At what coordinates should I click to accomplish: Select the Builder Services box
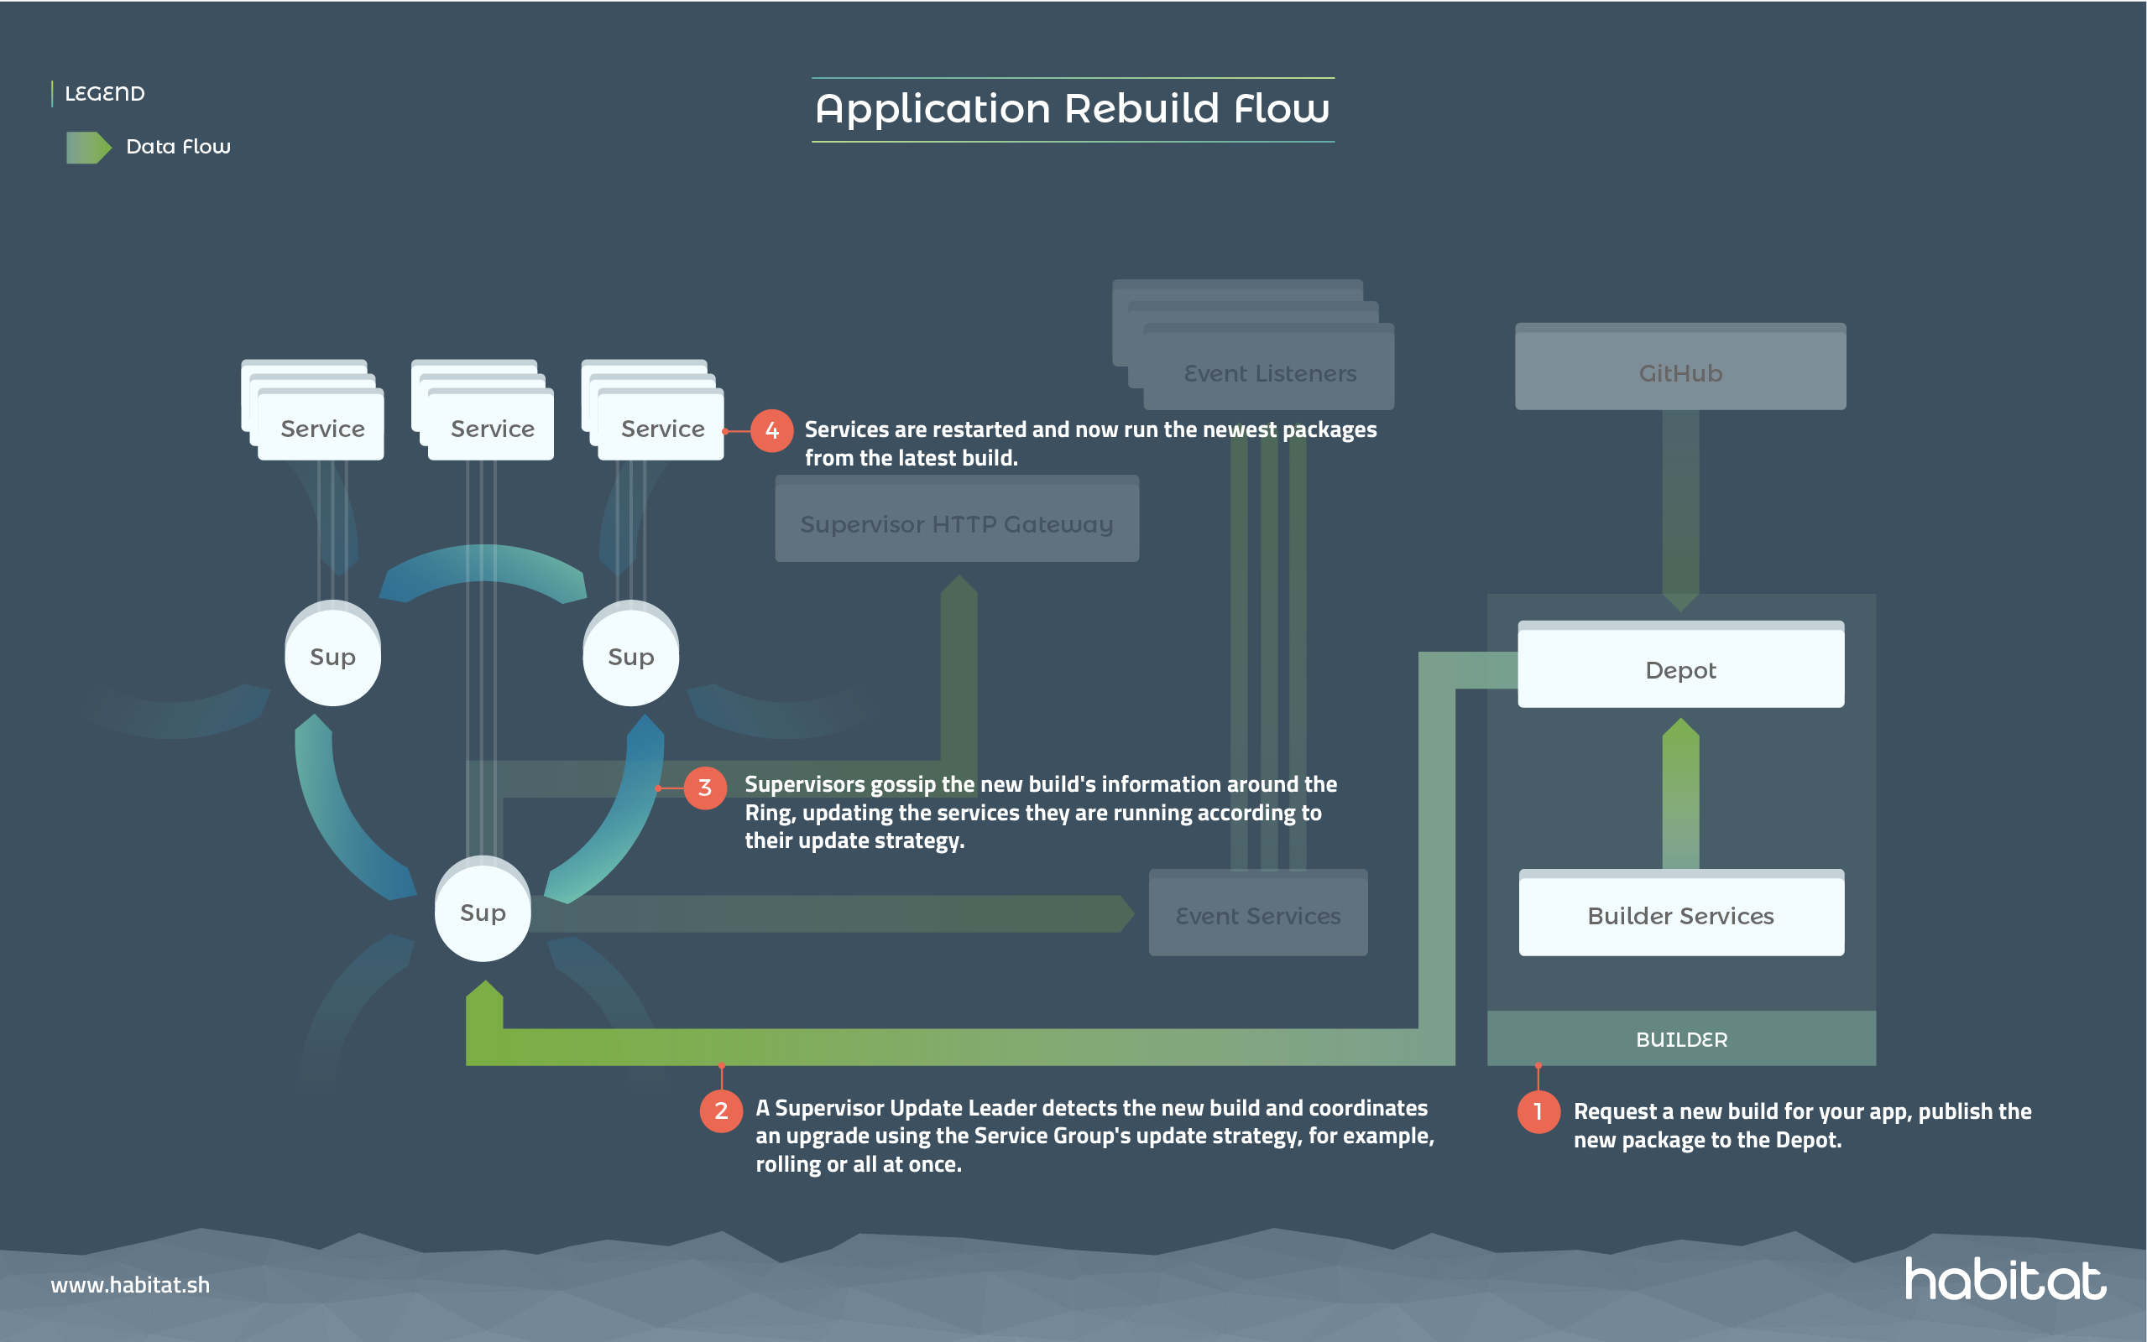(x=1680, y=915)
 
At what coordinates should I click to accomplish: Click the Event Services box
(x=1257, y=915)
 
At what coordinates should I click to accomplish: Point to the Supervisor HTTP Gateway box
(x=956, y=523)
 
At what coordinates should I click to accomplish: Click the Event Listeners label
(x=1270, y=372)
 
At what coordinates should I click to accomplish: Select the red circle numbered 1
(x=1538, y=1111)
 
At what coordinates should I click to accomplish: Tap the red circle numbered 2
(x=721, y=1111)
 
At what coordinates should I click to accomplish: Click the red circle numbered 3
(x=705, y=788)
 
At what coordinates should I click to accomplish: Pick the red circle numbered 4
(x=771, y=430)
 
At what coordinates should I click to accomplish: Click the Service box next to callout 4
(x=661, y=428)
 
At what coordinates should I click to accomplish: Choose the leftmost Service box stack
(x=321, y=428)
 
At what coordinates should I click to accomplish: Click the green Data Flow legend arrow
(x=88, y=148)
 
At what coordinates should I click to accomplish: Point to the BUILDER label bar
(x=1680, y=1038)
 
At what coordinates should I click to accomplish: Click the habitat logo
(x=2004, y=1279)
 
